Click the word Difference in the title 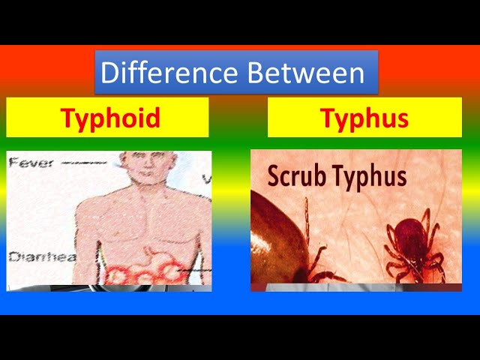[169, 72]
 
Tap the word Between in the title [306, 72]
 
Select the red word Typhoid [110, 118]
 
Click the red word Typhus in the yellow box [364, 118]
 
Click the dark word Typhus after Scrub [370, 178]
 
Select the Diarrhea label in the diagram [42, 256]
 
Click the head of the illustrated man [149, 166]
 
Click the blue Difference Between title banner [236, 72]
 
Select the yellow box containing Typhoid [107, 117]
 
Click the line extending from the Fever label [83, 163]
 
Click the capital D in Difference [109, 72]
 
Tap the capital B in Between [255, 72]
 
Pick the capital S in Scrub [274, 175]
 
